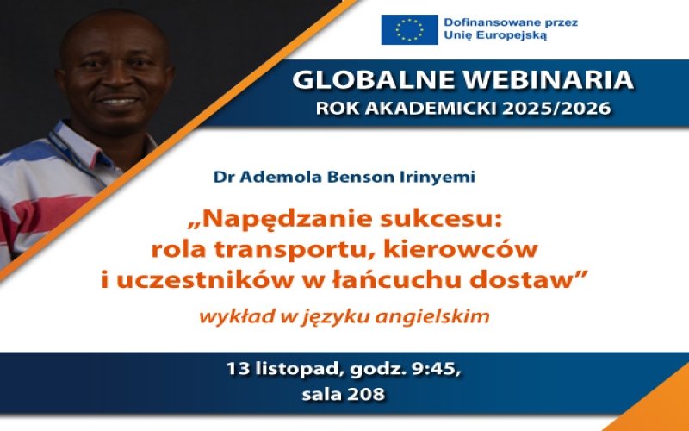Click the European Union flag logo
point(409,29)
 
